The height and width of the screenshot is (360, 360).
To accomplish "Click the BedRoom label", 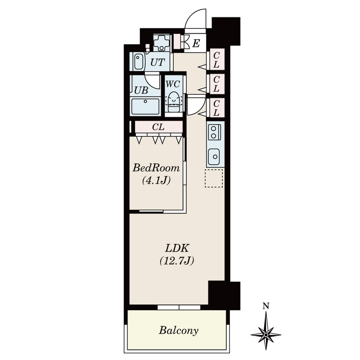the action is coord(156,168).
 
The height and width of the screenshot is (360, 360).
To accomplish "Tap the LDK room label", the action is coord(177,248).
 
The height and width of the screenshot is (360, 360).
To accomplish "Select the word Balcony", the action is coord(179,331).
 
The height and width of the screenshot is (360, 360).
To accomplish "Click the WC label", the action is coord(173,84).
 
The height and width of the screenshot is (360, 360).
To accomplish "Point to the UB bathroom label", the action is coord(141,90).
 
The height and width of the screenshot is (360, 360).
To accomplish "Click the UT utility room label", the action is coord(157,62).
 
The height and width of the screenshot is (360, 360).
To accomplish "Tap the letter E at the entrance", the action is coord(196,43).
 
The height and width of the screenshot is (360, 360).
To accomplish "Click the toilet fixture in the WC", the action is coord(174,102).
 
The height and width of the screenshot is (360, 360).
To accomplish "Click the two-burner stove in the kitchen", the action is coord(214,132).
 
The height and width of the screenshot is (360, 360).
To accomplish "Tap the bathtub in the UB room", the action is coord(145,106).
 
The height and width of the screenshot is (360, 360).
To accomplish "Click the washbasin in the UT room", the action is coord(139,61).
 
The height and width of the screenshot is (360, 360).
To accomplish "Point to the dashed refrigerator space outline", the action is coord(214,178).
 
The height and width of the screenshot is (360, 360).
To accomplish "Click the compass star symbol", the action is coord(266,334).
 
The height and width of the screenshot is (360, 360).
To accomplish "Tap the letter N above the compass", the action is coord(266,306).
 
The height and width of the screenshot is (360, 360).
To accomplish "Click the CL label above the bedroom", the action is coord(158,127).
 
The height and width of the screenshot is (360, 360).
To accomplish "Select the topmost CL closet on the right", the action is coord(216,60).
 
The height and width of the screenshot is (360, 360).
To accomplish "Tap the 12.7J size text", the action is coord(177,261).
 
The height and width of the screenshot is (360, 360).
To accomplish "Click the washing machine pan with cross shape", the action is coord(162,43).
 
